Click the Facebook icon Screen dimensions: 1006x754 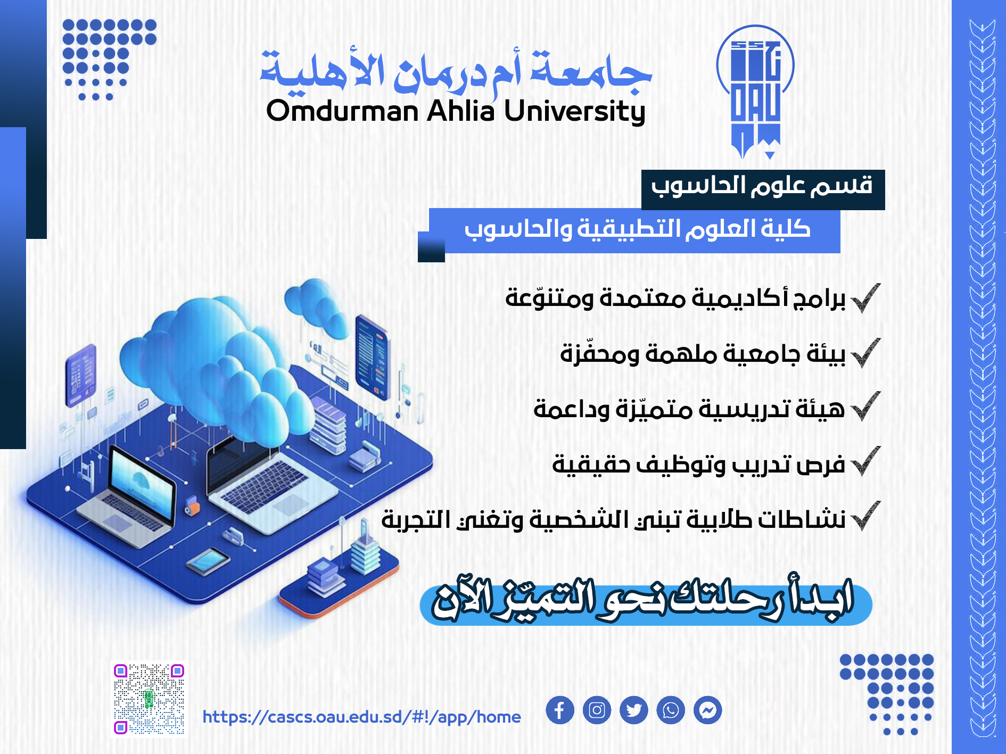coord(559,710)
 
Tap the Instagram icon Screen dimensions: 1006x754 coord(597,710)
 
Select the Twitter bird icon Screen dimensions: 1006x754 coord(633,710)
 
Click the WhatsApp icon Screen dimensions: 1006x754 coord(671,710)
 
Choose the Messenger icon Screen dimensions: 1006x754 coord(708,710)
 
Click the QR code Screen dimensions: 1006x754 coord(149,699)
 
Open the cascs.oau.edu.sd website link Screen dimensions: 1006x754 coord(362,717)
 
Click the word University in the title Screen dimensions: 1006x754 coord(575,112)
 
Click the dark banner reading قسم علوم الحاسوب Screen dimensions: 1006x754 coord(763,189)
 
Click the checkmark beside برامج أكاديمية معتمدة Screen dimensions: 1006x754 coord(865,298)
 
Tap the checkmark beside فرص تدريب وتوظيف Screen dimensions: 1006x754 coord(865,461)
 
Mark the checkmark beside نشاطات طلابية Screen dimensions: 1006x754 coord(865,516)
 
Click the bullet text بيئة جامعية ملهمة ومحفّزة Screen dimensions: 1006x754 coord(703,353)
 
